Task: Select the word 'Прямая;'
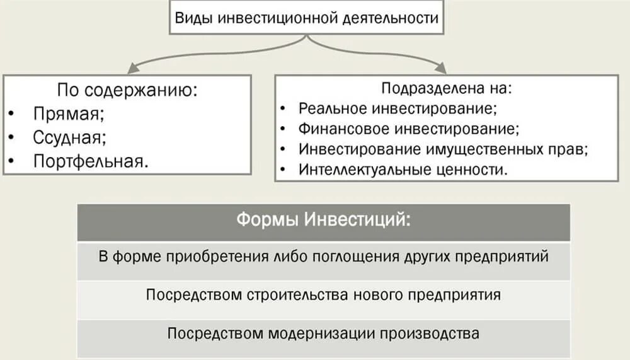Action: (x=69, y=114)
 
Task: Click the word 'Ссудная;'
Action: (x=70, y=137)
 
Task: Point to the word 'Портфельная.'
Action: (x=92, y=161)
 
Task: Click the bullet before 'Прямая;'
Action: (x=13, y=115)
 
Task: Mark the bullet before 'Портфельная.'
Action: (x=13, y=161)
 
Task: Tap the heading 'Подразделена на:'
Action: (x=447, y=88)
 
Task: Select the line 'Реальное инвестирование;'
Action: (x=398, y=108)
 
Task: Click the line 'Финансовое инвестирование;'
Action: (x=409, y=129)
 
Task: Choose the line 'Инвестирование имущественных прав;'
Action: (x=444, y=150)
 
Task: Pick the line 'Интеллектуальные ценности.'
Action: (x=403, y=170)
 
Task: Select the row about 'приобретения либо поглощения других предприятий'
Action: (x=324, y=257)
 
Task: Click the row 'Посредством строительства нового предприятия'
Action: (x=324, y=295)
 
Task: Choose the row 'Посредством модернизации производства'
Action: (x=324, y=334)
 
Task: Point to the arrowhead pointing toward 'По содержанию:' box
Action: (x=129, y=69)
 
